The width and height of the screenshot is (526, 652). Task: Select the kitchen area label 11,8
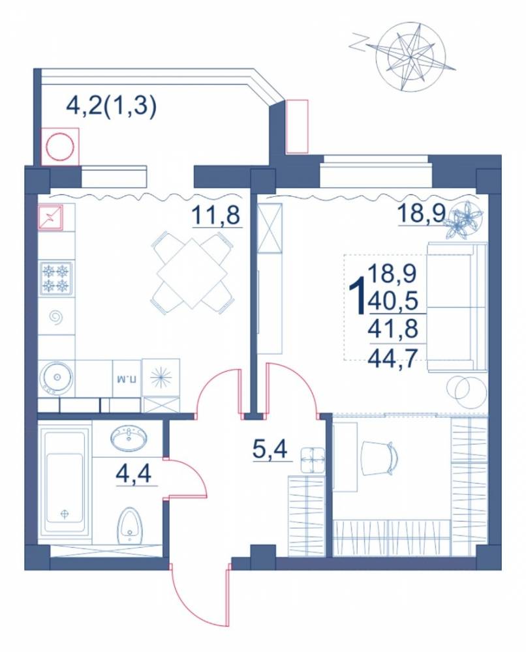217,215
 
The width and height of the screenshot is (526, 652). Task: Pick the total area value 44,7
392,357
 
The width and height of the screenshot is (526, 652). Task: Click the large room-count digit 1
358,297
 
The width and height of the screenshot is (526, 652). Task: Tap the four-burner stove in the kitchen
55,278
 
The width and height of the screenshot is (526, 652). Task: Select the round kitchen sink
56,378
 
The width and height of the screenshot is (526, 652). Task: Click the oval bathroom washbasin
129,439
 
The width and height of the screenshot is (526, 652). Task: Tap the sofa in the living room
457,306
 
